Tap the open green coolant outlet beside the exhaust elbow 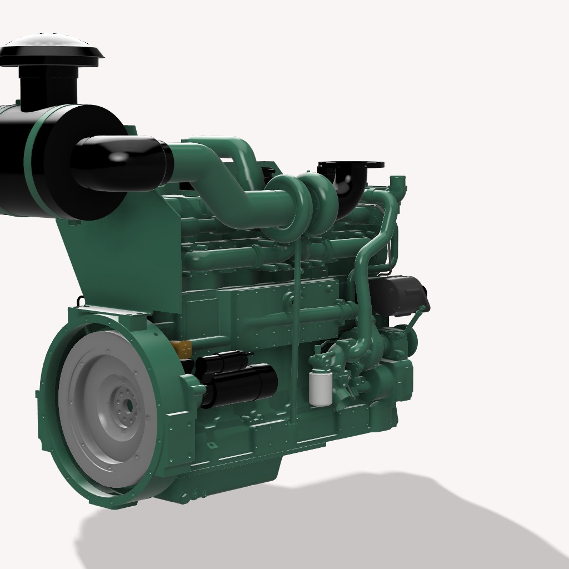(x=398, y=182)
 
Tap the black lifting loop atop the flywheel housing (x=81, y=301)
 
